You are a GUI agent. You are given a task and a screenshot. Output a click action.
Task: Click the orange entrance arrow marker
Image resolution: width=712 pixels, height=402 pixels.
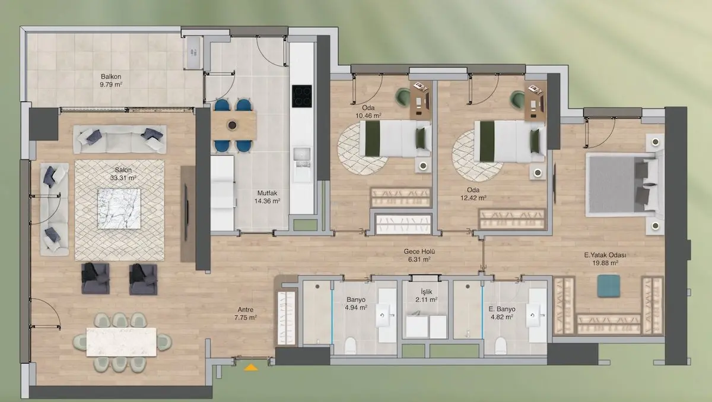click(251, 368)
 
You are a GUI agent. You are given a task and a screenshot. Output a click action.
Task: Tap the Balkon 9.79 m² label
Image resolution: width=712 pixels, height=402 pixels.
click(111, 81)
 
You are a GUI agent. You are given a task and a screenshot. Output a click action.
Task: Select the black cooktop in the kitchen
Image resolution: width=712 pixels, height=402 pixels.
click(301, 96)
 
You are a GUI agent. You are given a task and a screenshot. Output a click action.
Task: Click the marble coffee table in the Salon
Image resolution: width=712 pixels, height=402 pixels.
click(119, 209)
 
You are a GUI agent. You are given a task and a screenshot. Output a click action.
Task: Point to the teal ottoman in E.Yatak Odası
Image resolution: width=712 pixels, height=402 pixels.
click(609, 286)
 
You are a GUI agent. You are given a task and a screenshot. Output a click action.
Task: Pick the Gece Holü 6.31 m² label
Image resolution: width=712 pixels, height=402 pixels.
click(419, 256)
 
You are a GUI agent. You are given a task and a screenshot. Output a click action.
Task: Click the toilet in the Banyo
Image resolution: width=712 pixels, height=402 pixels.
click(351, 346)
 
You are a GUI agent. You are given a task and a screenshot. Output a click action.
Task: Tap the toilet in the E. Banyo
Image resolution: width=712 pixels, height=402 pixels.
click(501, 346)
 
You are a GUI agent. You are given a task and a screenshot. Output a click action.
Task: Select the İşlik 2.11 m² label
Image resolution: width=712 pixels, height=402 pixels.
click(426, 296)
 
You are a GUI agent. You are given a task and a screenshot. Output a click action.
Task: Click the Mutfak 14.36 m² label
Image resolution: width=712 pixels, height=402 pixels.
click(267, 197)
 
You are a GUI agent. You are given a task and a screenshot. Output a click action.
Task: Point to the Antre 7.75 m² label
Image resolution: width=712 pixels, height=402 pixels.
click(246, 314)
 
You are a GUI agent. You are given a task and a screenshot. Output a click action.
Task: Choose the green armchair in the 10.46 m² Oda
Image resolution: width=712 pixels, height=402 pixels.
click(403, 97)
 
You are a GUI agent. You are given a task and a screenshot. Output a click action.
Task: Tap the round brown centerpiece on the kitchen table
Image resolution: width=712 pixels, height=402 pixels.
click(233, 125)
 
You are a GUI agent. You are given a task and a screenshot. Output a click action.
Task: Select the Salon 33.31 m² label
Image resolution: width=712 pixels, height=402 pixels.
click(123, 174)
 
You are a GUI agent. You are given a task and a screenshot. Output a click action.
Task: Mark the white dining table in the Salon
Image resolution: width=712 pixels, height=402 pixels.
click(122, 342)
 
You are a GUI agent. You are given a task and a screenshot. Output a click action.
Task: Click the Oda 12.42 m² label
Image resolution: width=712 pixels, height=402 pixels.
click(473, 194)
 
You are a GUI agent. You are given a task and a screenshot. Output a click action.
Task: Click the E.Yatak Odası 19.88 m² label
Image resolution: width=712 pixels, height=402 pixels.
click(605, 259)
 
